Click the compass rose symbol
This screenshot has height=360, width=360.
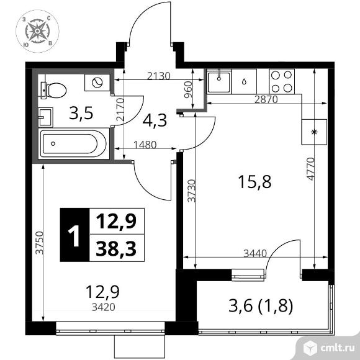coord(37,31)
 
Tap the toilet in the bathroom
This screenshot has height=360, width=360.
coord(53,90)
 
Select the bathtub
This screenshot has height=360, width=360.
coord(73,144)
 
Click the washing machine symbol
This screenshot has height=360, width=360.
coord(97,83)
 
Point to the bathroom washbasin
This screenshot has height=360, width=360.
coord(46,117)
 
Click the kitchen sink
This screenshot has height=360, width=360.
coord(219,82)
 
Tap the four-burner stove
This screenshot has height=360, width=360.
coord(281,81)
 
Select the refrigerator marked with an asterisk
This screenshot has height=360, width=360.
coord(314,132)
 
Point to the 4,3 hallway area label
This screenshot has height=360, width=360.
coord(155,120)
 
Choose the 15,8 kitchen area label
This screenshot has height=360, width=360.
coord(254,182)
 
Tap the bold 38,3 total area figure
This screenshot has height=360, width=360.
coord(116,249)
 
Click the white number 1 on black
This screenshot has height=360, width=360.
coord(74,236)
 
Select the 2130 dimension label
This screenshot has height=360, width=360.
coord(159,76)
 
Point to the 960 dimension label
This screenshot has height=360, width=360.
coord(188,89)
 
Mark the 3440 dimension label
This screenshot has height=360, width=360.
coord(255,253)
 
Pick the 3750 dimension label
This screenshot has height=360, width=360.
coord(39,243)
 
